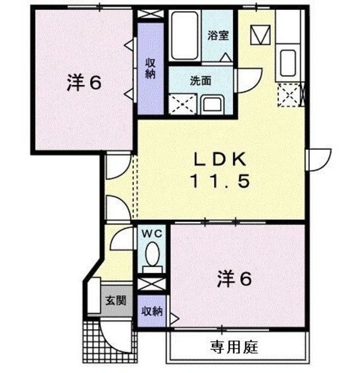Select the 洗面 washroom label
200,81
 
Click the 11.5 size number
220,181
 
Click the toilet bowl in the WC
153,255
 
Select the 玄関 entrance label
115,301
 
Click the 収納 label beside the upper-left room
150,69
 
